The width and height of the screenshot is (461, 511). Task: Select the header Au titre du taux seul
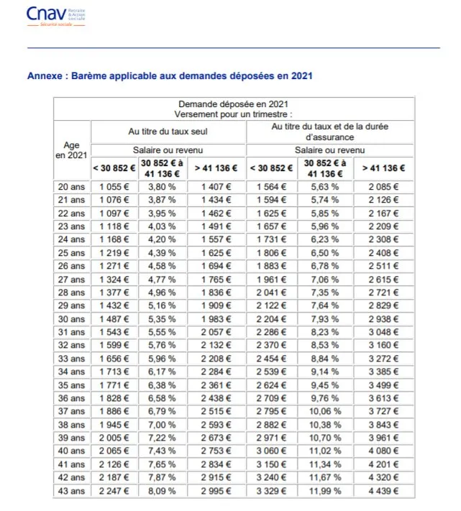[168, 132]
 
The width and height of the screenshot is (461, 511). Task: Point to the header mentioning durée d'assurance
[330, 132]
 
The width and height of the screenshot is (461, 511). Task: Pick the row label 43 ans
[71, 492]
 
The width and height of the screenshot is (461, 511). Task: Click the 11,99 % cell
[326, 492]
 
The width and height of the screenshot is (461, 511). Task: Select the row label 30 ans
[71, 318]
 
